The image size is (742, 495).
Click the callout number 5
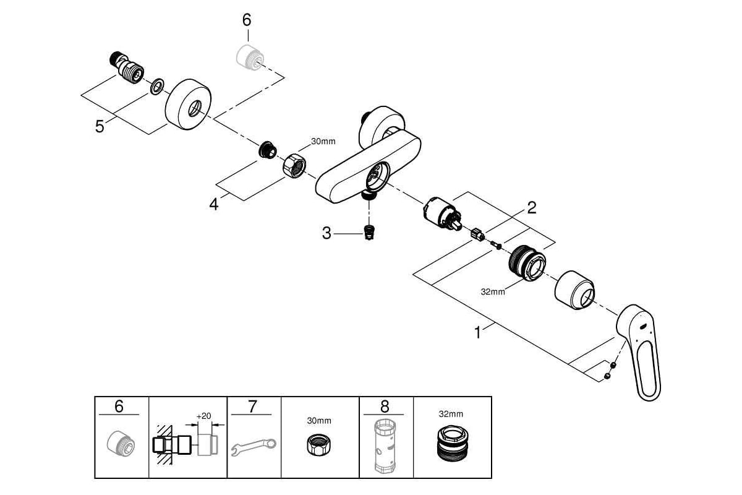(100, 126)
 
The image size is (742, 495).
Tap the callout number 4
(214, 204)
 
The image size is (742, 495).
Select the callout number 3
(326, 233)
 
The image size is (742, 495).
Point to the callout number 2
(532, 208)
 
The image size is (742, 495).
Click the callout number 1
(477, 332)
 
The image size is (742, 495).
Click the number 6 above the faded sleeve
(247, 20)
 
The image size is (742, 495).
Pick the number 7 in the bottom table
(252, 407)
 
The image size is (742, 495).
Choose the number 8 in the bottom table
(385, 407)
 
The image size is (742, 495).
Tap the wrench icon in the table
(254, 447)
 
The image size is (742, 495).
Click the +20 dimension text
(203, 416)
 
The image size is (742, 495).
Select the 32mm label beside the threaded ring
(493, 292)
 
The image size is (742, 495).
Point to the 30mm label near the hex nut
(323, 141)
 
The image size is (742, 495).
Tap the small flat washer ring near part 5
(157, 87)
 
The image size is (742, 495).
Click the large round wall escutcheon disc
(188, 104)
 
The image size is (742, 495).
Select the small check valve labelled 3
(369, 233)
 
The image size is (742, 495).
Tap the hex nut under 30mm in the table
(320, 445)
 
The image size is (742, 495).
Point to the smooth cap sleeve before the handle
(574, 290)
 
